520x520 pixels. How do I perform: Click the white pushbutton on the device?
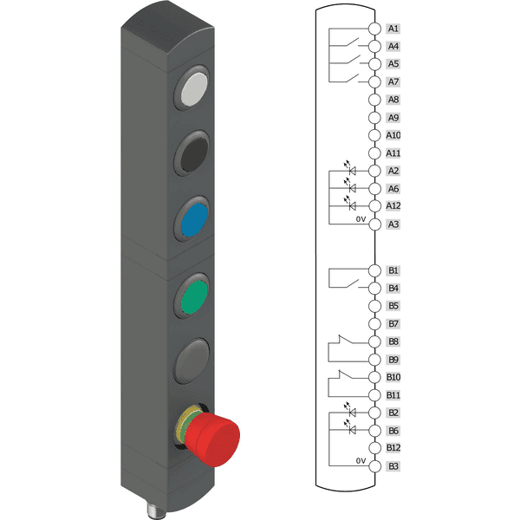(x=194, y=89)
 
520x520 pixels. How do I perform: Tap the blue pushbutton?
(x=194, y=219)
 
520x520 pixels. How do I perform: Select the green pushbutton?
(x=194, y=296)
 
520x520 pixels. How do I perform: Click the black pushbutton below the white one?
(x=194, y=155)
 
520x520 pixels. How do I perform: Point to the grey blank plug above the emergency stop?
(x=192, y=361)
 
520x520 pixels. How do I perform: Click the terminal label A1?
(x=393, y=29)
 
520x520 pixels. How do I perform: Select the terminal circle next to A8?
(x=374, y=100)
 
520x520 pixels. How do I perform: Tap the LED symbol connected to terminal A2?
(x=350, y=169)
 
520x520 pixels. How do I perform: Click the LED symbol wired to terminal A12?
(x=350, y=204)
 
